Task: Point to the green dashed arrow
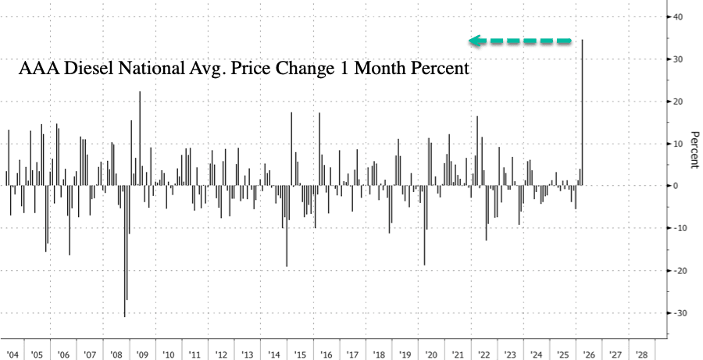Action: tap(520, 41)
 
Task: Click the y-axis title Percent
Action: tap(692, 148)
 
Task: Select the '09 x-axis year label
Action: tap(143, 354)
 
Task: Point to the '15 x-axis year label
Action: tap(301, 354)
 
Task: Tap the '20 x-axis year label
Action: tap(432, 354)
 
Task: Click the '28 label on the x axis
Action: tap(641, 354)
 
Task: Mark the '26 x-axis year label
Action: tap(589, 354)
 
